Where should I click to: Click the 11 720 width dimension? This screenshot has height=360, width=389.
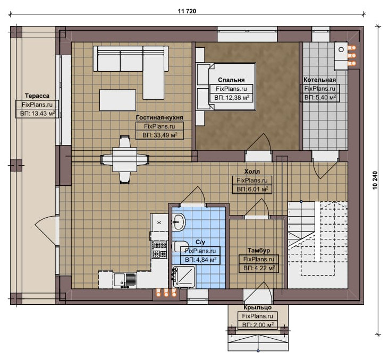pyautogui.click(x=187, y=11)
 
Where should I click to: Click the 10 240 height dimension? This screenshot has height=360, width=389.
pyautogui.click(x=375, y=180)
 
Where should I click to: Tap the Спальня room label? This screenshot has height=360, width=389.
pyautogui.click(x=231, y=80)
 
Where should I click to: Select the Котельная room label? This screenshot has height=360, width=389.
pyautogui.click(x=319, y=80)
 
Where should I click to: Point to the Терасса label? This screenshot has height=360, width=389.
pyautogui.click(x=37, y=96)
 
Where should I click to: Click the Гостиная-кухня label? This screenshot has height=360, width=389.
pyautogui.click(x=159, y=117)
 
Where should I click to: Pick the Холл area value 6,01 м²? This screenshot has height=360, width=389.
pyautogui.click(x=252, y=189)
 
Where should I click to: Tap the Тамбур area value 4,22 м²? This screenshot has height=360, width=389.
pyautogui.click(x=259, y=268)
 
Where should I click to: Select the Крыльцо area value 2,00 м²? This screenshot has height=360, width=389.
pyautogui.click(x=258, y=325)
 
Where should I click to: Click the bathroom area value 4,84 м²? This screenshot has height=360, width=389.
pyautogui.click(x=200, y=260)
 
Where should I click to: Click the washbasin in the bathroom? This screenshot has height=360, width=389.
pyautogui.click(x=179, y=221)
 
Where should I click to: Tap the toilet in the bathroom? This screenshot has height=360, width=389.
pyautogui.click(x=180, y=246)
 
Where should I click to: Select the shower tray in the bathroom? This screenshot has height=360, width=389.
pyautogui.click(x=184, y=277)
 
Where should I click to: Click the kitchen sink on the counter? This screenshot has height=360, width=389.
pyautogui.click(x=125, y=280)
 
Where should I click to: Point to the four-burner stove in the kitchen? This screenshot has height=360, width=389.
pyautogui.click(x=159, y=250)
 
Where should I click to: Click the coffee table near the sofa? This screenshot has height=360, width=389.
pyautogui.click(x=117, y=100)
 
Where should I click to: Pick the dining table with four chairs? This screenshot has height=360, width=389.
pyautogui.click(x=124, y=159)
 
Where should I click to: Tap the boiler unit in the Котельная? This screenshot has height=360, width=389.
pyautogui.click(x=341, y=56)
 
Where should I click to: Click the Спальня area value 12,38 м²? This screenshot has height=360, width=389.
pyautogui.click(x=232, y=98)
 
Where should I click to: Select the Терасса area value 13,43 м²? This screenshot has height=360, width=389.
pyautogui.click(x=37, y=114)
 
